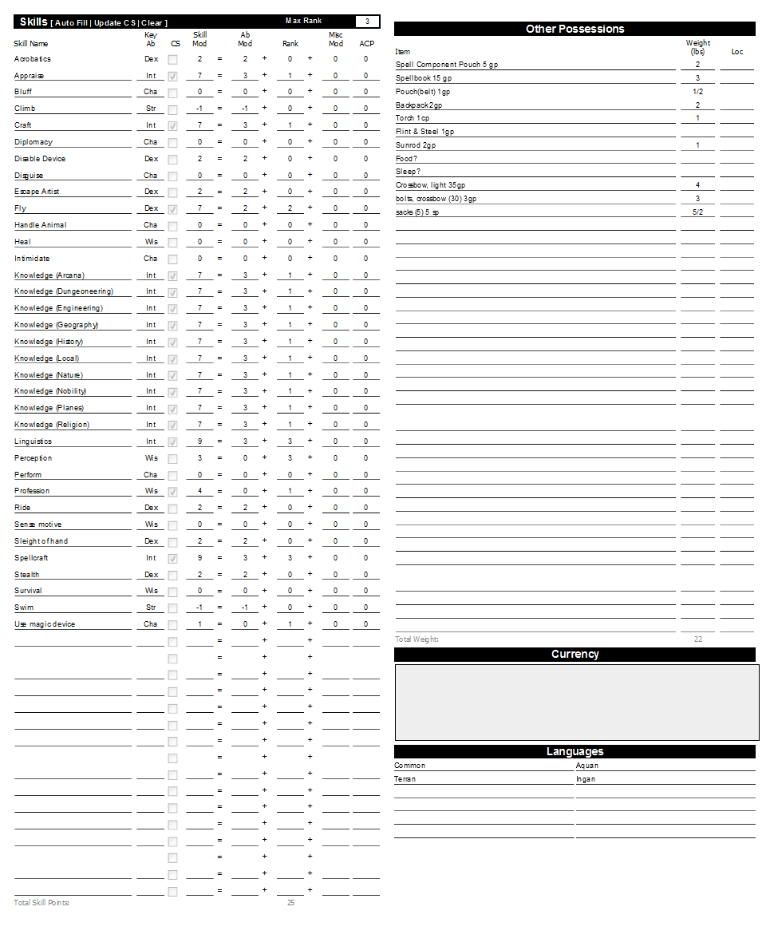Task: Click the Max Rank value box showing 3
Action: click(x=367, y=22)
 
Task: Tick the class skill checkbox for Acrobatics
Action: click(x=172, y=59)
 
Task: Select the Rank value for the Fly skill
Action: click(x=290, y=208)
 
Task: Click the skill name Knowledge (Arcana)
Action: click(x=49, y=275)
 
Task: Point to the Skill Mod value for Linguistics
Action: click(x=199, y=441)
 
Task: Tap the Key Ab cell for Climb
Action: click(x=151, y=109)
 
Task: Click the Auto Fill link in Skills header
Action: click(x=71, y=23)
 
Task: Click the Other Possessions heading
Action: click(x=574, y=29)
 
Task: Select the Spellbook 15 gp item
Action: click(x=424, y=78)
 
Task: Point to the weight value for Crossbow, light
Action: click(x=697, y=185)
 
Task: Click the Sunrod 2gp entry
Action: click(x=416, y=145)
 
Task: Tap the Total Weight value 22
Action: click(x=698, y=639)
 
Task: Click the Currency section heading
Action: click(x=574, y=654)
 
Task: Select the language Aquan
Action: click(x=587, y=766)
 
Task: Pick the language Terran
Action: click(x=405, y=779)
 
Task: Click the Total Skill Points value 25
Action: click(x=290, y=903)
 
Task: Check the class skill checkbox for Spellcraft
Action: click(x=172, y=558)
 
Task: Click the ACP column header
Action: click(x=366, y=44)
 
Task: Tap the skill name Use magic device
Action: click(x=45, y=624)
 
